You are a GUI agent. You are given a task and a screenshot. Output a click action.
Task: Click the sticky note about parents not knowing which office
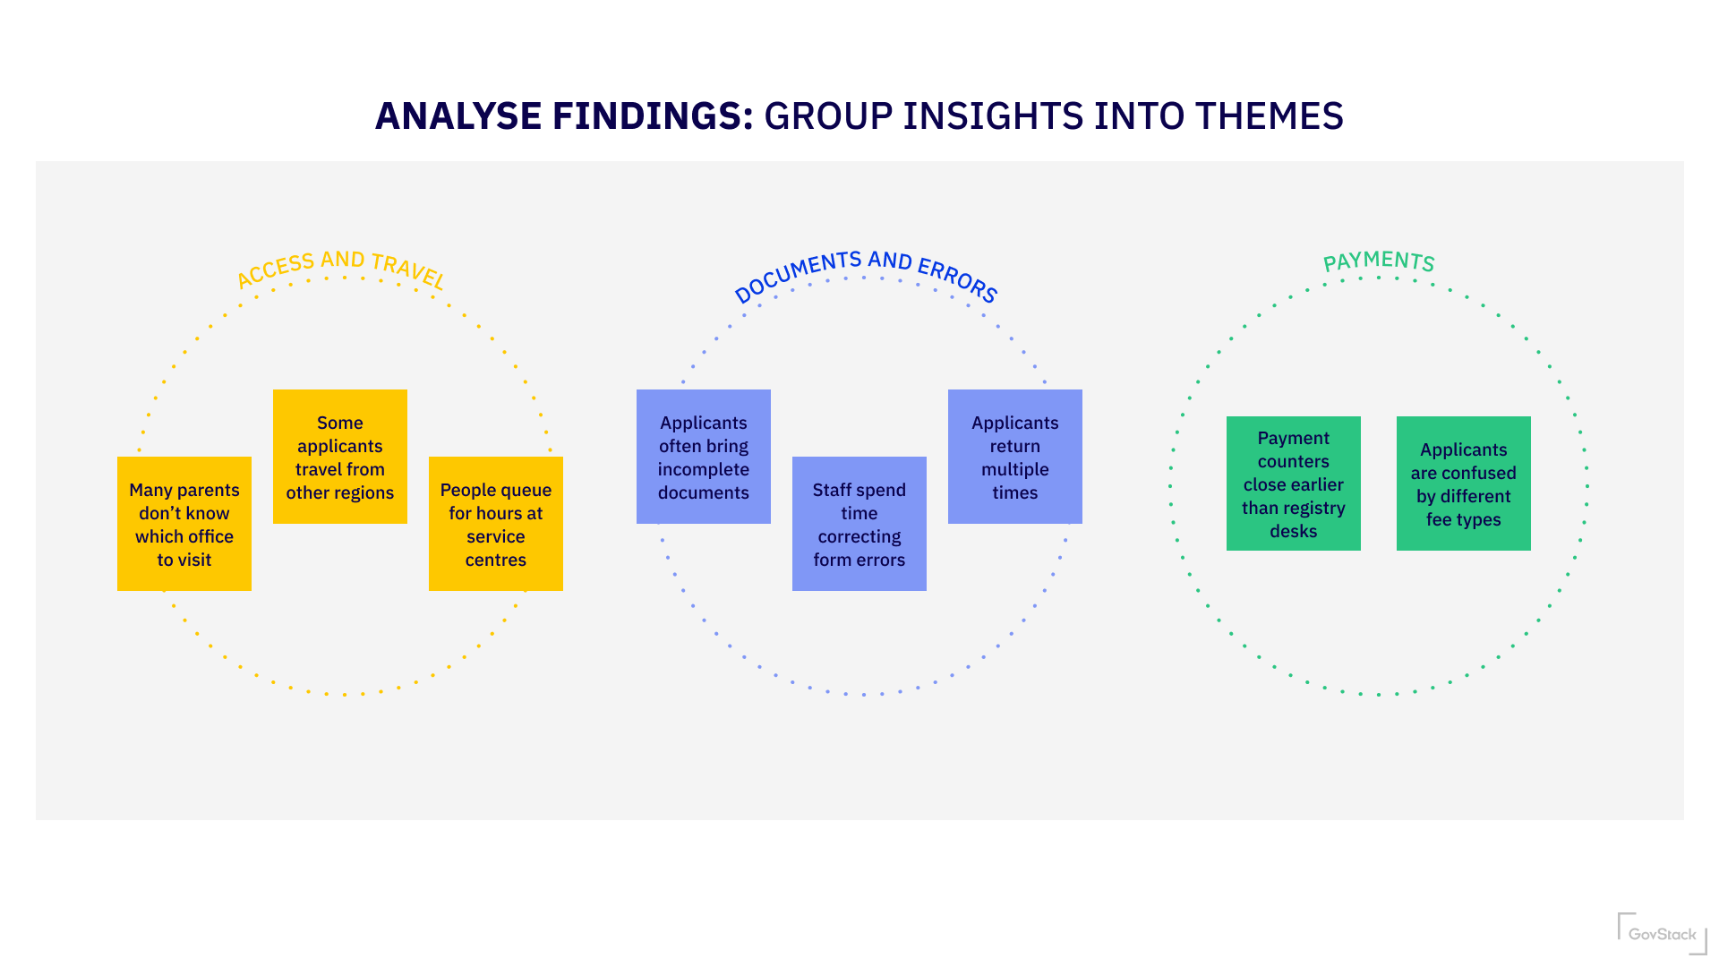tap(184, 524)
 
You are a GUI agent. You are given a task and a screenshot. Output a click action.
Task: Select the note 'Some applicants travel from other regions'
tap(340, 457)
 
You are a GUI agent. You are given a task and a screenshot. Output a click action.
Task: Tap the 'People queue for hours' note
tap(496, 524)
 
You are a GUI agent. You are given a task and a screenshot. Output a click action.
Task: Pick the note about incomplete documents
tap(704, 457)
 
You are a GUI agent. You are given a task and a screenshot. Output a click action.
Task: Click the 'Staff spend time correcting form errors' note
tap(859, 524)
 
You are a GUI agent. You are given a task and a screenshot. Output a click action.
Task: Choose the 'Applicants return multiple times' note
tap(1015, 457)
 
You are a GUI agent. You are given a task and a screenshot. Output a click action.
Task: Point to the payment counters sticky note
tap(1294, 483)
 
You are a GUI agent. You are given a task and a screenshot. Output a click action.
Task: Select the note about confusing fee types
tap(1464, 483)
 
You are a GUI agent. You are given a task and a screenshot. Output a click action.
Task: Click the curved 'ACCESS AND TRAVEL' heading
tap(340, 267)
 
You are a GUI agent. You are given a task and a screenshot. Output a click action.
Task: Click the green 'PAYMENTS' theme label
tap(1379, 261)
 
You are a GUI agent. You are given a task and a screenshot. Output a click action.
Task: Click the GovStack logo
tap(1662, 934)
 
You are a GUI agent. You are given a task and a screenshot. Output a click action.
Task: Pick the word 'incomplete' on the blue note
tap(704, 469)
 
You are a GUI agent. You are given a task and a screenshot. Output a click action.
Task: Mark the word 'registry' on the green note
tap(1314, 508)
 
